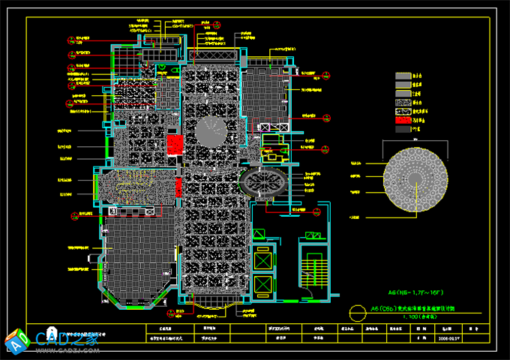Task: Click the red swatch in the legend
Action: click(404, 118)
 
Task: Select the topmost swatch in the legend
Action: click(404, 76)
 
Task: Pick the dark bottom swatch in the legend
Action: click(404, 129)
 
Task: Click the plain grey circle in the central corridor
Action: click(211, 133)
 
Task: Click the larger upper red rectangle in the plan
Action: click(175, 144)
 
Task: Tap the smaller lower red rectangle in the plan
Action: click(178, 187)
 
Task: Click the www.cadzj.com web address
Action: click(72, 349)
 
